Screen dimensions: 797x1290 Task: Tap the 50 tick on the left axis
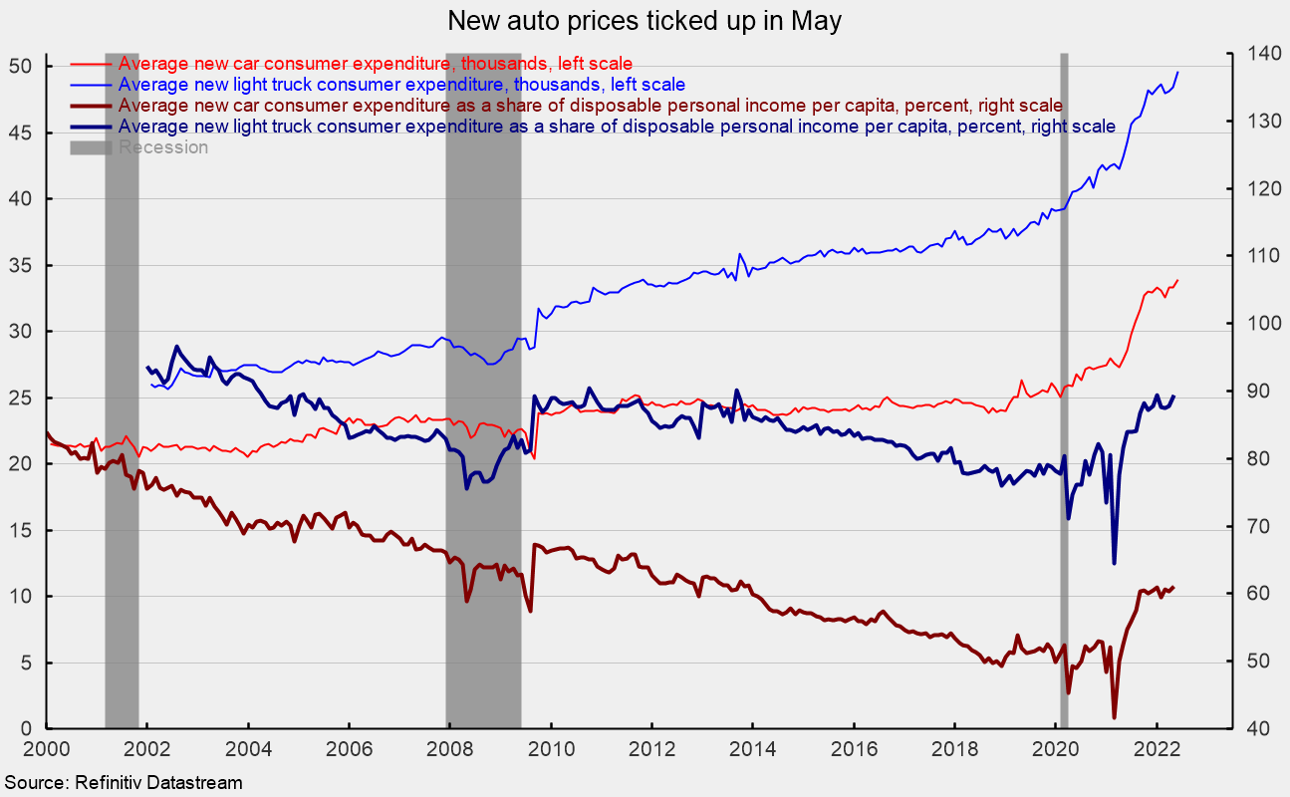(21, 67)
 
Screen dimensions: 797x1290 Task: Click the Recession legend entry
(163, 147)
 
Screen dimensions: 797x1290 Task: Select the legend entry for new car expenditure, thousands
(376, 65)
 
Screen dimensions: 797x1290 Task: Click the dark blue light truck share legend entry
(617, 126)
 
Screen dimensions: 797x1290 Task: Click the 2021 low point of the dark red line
(1114, 716)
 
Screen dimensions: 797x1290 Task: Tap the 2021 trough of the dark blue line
(1114, 563)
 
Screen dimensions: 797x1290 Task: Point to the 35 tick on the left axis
(21, 266)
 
